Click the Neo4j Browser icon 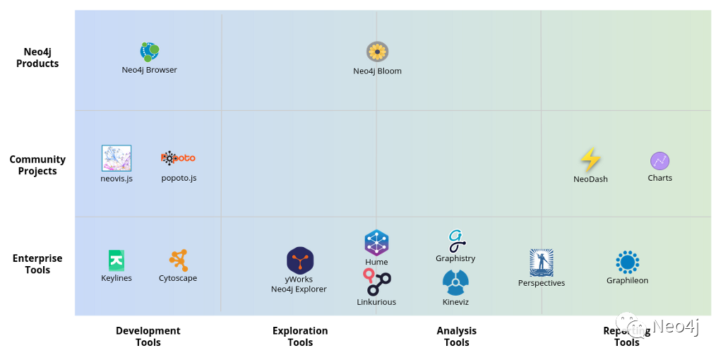click(149, 52)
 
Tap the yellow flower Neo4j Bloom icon click(378, 52)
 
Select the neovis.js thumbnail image click(116, 159)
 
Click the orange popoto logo click(178, 158)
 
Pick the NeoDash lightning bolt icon click(590, 160)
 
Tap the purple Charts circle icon click(660, 161)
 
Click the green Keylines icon click(116, 260)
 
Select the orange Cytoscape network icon click(178, 260)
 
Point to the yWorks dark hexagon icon click(300, 260)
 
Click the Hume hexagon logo click(376, 243)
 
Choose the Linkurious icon click(377, 282)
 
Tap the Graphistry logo click(456, 241)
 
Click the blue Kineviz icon click(455, 283)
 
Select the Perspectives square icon click(542, 263)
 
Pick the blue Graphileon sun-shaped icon click(627, 262)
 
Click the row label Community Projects click(37, 165)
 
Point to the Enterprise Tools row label click(37, 264)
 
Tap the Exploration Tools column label click(300, 337)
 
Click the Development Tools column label click(148, 337)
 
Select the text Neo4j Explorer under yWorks click(299, 289)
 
